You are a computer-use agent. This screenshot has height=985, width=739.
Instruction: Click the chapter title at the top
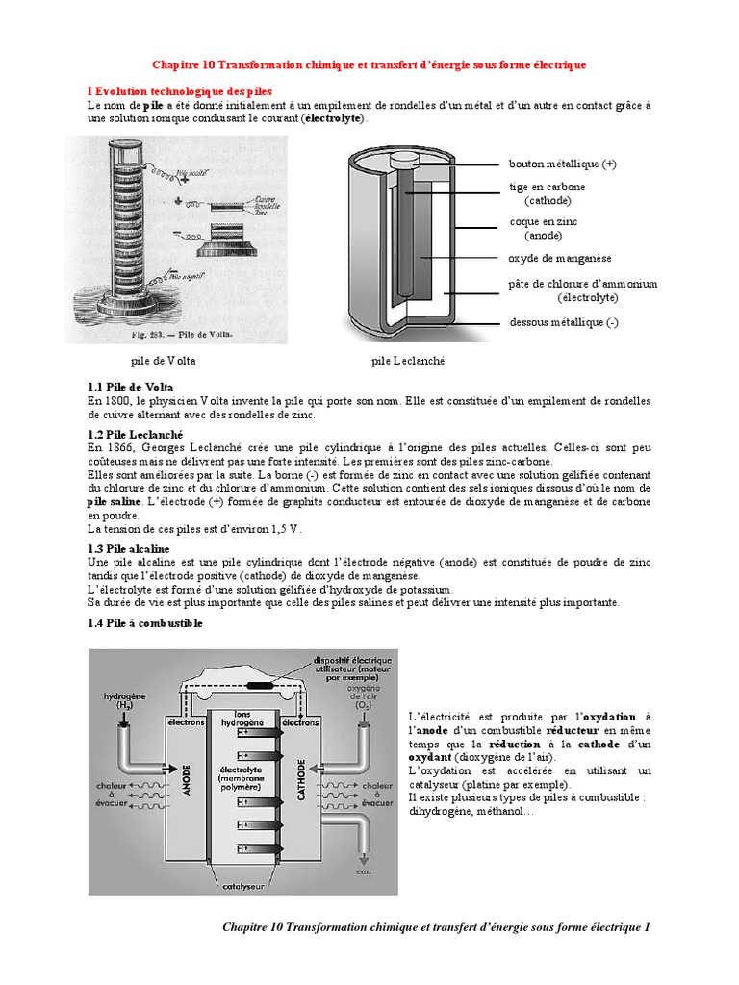[369, 64]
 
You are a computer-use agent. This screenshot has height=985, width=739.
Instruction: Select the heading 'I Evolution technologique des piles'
[180, 90]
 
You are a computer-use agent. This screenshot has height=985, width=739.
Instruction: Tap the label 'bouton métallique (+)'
[562, 164]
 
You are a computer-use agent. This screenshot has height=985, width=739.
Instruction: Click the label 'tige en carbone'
[547, 187]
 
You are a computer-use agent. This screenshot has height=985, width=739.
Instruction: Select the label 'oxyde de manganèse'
[560, 258]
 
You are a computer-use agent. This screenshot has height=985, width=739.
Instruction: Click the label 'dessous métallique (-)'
[564, 322]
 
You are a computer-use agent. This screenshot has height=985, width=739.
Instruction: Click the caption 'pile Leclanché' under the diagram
[409, 362]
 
